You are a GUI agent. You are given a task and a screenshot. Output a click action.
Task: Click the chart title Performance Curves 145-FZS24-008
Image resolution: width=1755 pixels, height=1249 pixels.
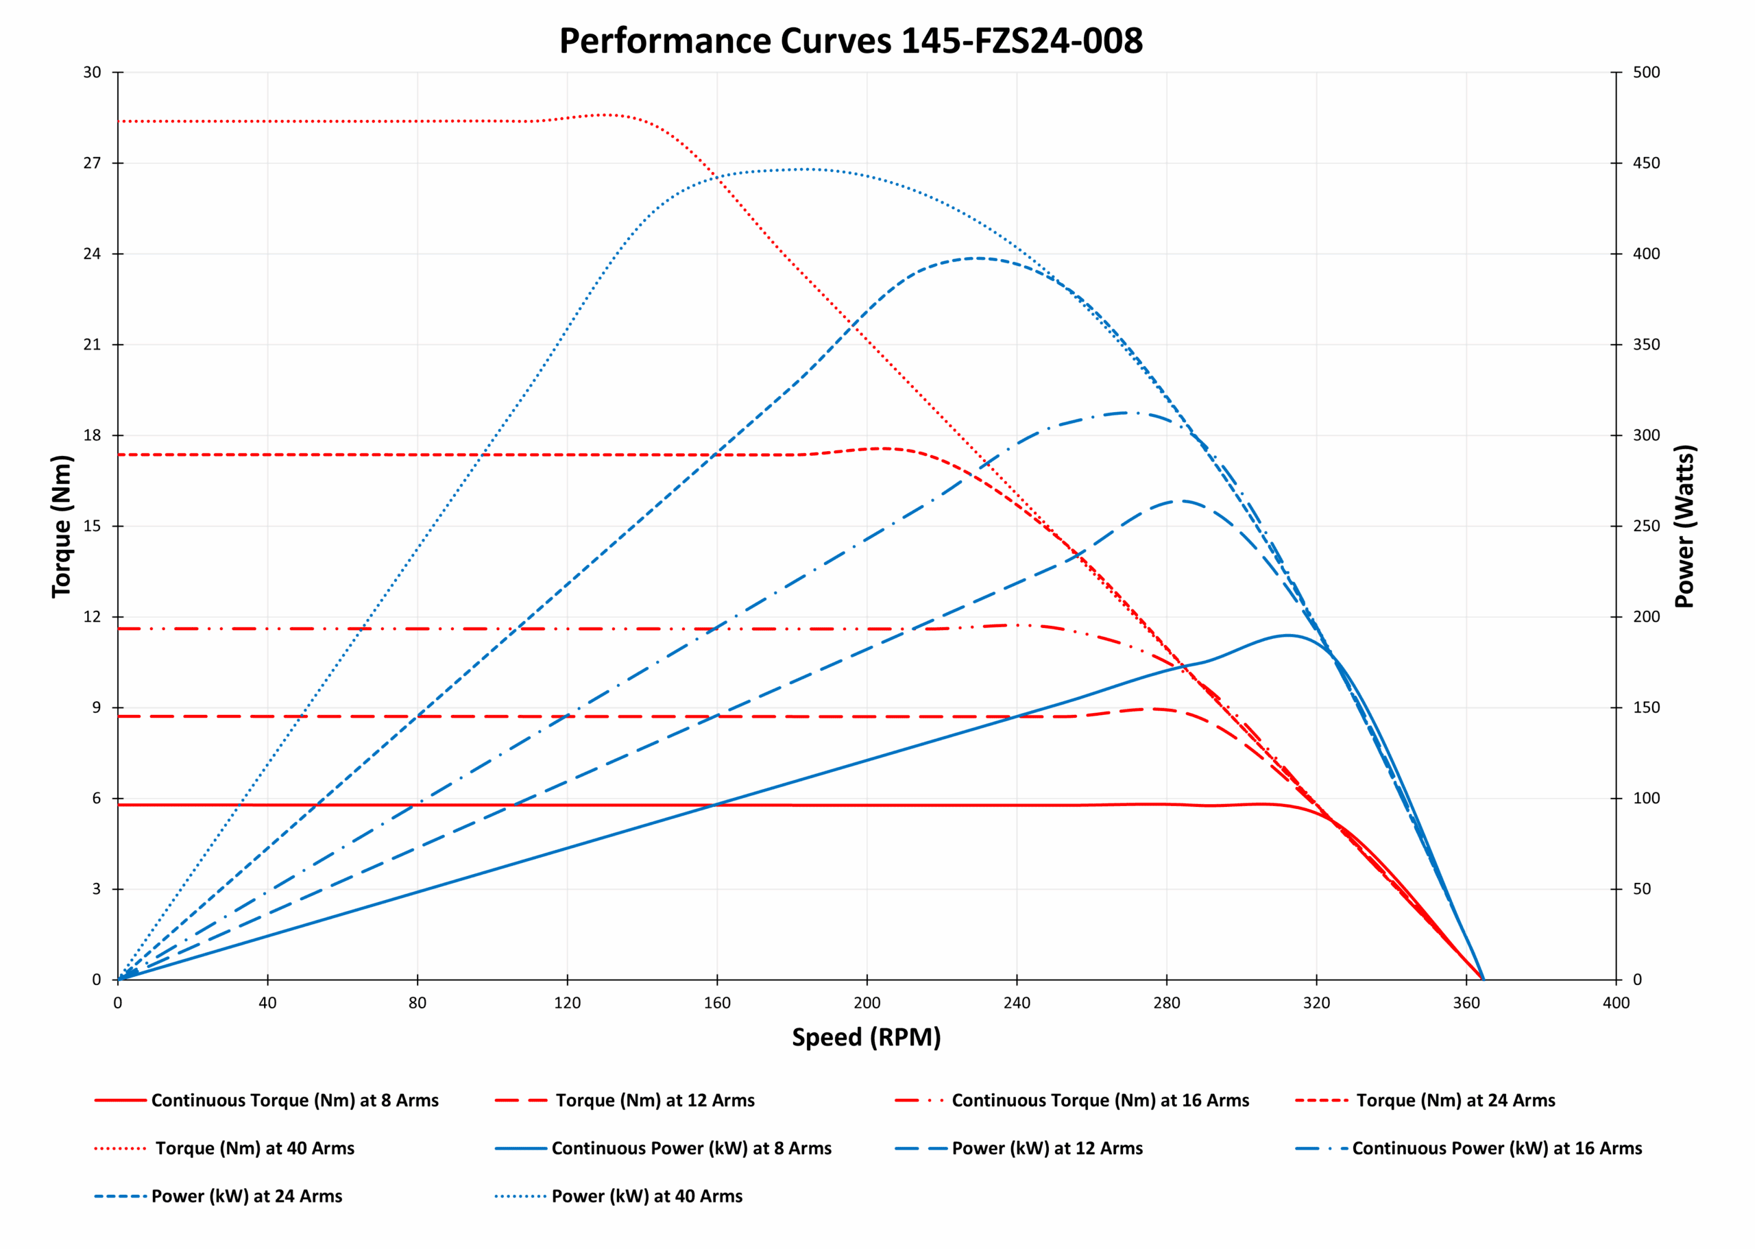coord(850,40)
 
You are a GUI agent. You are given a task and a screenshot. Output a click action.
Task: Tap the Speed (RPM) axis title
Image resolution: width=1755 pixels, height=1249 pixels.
coord(866,1036)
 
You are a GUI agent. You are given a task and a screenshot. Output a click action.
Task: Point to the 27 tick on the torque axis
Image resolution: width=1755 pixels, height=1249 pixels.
coord(93,163)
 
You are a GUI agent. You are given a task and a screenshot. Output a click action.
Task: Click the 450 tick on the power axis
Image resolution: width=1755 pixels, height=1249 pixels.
coord(1646,163)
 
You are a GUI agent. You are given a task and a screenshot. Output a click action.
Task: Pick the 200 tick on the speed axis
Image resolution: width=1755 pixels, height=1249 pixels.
coord(867,1003)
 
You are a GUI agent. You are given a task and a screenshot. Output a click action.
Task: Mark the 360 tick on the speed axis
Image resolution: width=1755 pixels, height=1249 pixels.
coord(1466,1003)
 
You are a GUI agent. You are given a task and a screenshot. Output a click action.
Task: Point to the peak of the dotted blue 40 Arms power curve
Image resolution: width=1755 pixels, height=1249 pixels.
coord(806,169)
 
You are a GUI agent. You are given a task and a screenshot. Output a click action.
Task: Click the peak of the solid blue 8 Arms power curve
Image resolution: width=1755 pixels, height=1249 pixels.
coord(1287,635)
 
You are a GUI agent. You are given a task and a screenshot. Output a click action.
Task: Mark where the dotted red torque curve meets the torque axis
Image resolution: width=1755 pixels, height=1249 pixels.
coord(119,121)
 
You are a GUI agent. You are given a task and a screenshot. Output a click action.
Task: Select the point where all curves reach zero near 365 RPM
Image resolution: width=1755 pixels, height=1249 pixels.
coord(1483,979)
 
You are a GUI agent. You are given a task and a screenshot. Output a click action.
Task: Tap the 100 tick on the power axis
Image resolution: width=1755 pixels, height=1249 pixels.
coord(1646,799)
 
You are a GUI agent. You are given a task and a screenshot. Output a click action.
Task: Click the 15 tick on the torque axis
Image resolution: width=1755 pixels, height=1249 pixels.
coord(93,526)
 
